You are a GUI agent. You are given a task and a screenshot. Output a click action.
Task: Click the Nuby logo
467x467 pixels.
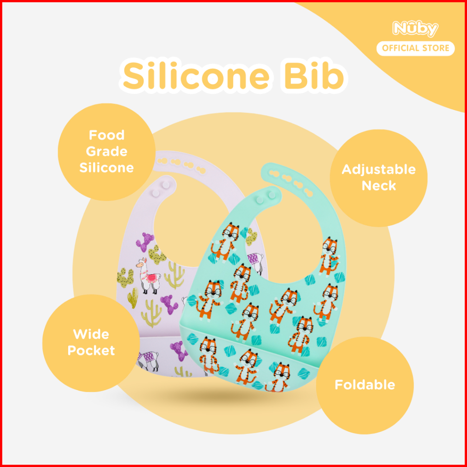(415, 29)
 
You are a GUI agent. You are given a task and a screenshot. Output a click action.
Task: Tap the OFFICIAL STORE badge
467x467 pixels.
(416, 48)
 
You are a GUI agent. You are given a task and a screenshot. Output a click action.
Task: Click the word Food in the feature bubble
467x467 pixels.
(107, 135)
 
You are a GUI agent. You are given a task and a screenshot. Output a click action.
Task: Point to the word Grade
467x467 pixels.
(107, 151)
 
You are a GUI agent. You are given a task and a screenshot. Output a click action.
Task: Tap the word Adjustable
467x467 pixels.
(378, 169)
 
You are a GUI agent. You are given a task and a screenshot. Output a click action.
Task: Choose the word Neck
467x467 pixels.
(378, 185)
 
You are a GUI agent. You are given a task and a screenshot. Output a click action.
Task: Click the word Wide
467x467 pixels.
(91, 334)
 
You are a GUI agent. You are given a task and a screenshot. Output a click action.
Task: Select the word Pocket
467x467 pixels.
(91, 350)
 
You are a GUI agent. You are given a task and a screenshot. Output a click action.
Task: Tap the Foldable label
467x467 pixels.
(364, 385)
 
